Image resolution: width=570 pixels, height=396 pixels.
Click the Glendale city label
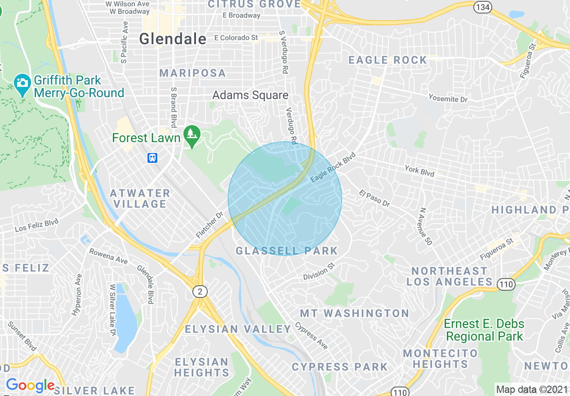173,39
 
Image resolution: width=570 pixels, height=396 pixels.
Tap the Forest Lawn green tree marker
192,136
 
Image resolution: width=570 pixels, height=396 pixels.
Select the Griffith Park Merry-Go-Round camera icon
22,84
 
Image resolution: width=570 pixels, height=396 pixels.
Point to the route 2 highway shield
200,292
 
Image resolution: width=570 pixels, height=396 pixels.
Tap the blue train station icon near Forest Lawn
152,157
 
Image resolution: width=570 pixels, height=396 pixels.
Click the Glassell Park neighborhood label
286,251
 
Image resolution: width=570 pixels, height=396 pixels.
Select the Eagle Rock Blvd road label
333,167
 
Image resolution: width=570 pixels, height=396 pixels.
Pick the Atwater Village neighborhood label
140,198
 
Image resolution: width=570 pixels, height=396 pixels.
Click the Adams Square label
250,95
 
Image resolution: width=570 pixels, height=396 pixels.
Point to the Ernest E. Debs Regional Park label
484,330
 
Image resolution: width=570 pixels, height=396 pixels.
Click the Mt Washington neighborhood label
354,313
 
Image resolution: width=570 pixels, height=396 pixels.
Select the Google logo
30,386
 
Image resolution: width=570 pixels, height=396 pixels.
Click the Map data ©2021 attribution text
532,389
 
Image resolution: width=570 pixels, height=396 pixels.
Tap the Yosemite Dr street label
448,98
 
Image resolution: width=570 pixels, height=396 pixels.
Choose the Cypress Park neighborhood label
339,367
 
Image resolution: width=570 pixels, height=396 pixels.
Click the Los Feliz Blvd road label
37,225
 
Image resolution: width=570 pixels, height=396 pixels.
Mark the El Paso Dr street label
374,198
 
